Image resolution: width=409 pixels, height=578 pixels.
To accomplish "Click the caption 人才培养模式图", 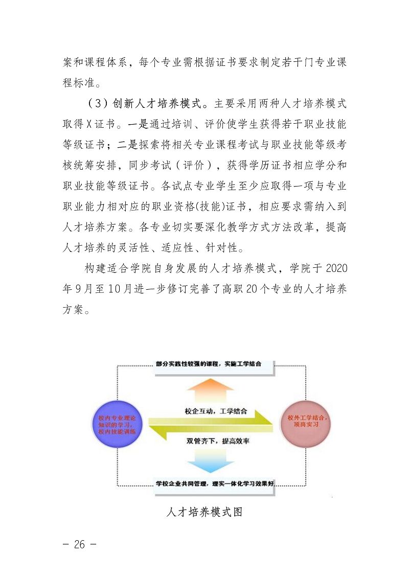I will tap(204, 512).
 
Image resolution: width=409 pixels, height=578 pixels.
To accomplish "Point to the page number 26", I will tap(79, 544).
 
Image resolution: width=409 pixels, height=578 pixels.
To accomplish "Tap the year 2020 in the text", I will tap(336, 268).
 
